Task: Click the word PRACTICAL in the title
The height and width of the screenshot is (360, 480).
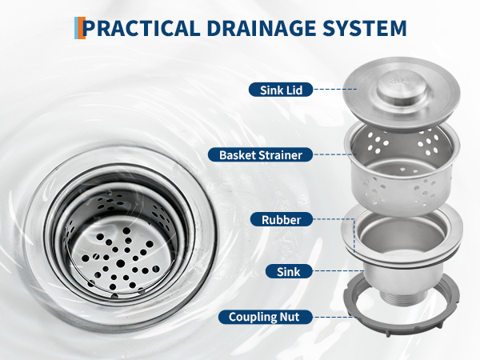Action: pos(142,28)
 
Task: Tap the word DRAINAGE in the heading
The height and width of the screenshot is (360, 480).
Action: pos(262,28)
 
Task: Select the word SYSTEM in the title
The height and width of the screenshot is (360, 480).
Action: pos(365,28)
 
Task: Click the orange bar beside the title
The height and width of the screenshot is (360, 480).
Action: pos(82,28)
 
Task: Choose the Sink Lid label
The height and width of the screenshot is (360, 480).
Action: pos(281,90)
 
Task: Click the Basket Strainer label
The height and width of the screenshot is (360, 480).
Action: pos(261,154)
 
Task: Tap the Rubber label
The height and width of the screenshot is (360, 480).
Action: pos(282,219)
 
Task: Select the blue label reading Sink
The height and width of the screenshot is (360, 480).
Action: pos(289,271)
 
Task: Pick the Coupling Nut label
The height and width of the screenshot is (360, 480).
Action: pos(266,317)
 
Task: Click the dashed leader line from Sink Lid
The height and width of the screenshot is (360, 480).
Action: pos(335,89)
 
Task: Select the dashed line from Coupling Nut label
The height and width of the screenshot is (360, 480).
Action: pos(335,317)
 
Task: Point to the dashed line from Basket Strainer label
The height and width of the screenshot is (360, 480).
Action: pos(335,154)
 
